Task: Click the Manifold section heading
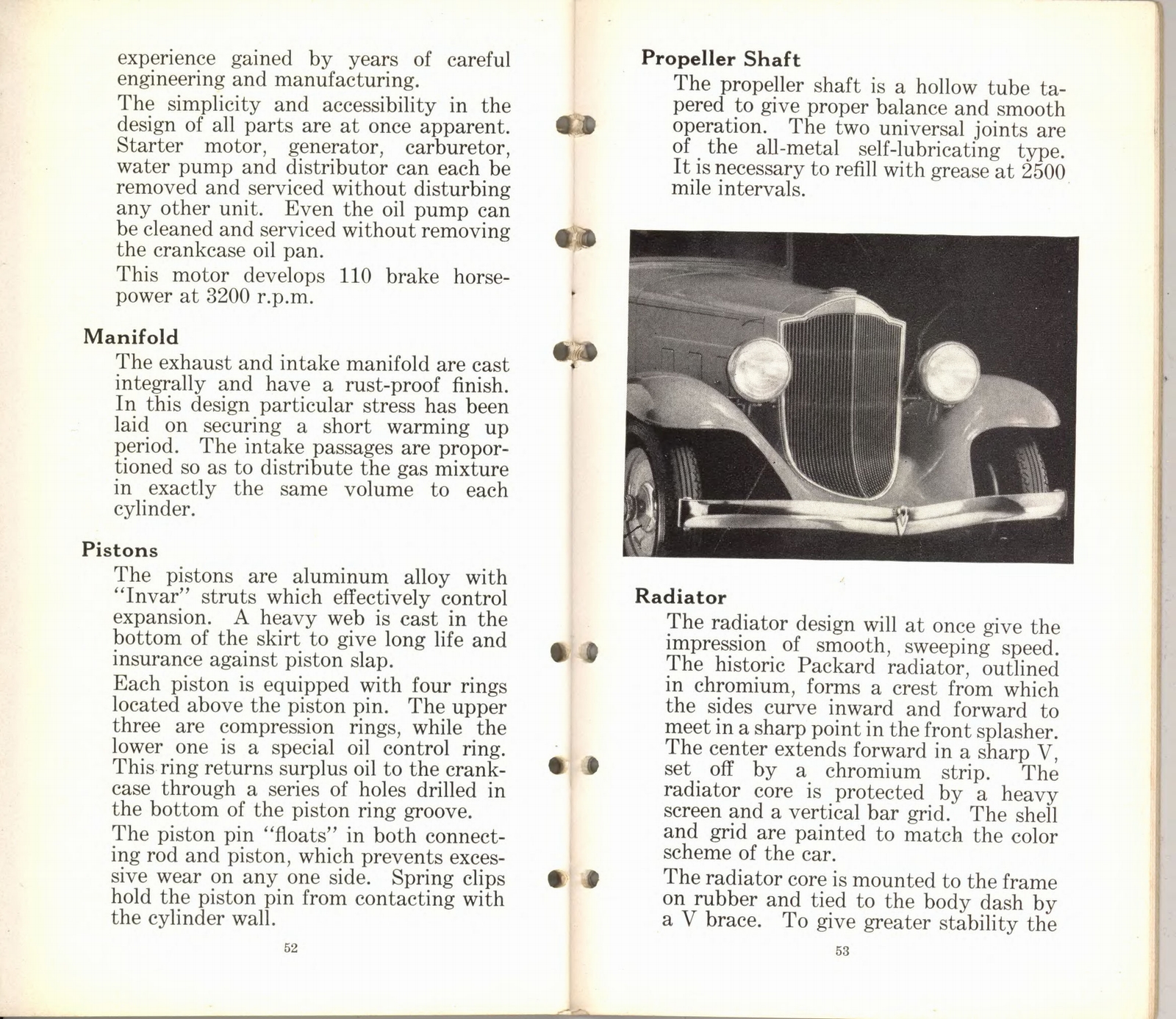130,337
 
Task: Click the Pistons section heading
120,550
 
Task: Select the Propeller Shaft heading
720,59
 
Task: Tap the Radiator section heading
680,597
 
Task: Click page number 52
290,948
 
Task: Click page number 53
842,951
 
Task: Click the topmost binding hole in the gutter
576,125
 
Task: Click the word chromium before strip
872,772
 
